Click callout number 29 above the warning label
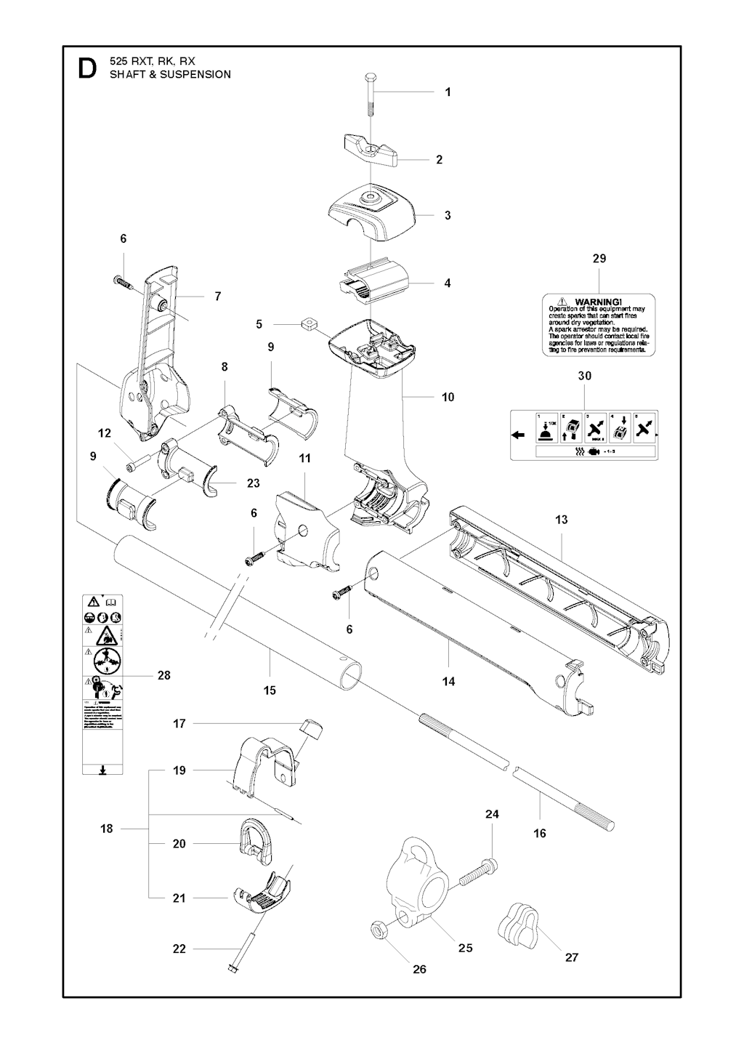coord(599,259)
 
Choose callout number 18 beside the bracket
coord(107,829)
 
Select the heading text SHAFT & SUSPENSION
coord(170,74)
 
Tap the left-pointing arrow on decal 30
coord(519,435)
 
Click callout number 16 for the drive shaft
coord(540,834)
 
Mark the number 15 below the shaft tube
coord(270,690)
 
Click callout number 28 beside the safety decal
coord(164,675)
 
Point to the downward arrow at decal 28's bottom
coord(101,770)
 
